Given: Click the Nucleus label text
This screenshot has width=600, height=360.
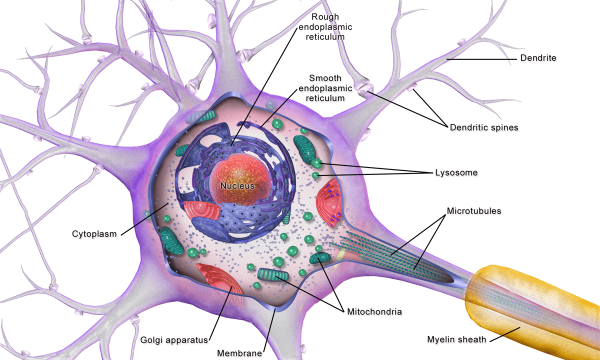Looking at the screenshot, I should (x=237, y=186).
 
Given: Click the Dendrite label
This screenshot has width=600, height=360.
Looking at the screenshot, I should (x=538, y=58).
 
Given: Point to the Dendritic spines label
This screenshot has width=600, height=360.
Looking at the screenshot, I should (x=483, y=127).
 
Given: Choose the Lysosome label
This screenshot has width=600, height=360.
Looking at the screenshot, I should (x=456, y=172).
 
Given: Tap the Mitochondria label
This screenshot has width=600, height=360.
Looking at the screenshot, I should (x=374, y=312).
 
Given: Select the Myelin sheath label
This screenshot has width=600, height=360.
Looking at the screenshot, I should (x=456, y=340).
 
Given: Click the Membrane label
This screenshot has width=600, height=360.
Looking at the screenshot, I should (x=239, y=353).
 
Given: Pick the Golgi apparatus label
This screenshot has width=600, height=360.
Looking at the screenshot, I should (x=174, y=340).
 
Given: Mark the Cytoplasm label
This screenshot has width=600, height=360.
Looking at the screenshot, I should (x=94, y=233).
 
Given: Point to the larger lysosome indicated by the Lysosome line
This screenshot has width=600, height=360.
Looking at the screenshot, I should (x=316, y=162).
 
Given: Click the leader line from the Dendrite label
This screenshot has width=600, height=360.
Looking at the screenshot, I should (x=480, y=59).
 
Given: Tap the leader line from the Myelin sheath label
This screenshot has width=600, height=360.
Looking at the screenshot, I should (x=505, y=333).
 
